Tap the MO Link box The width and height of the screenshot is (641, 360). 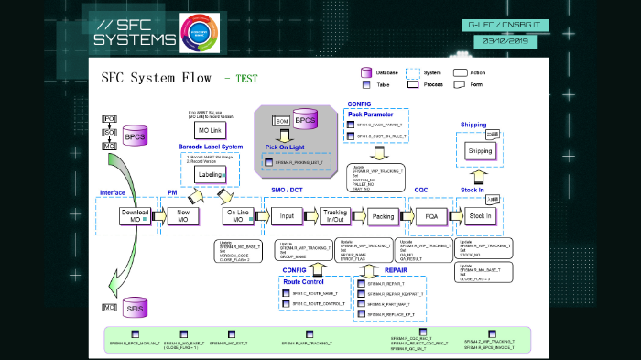point(209,131)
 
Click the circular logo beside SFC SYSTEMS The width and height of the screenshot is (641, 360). point(200,33)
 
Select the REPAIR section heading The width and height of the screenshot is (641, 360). point(396,271)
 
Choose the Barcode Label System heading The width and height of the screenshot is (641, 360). point(211,147)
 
